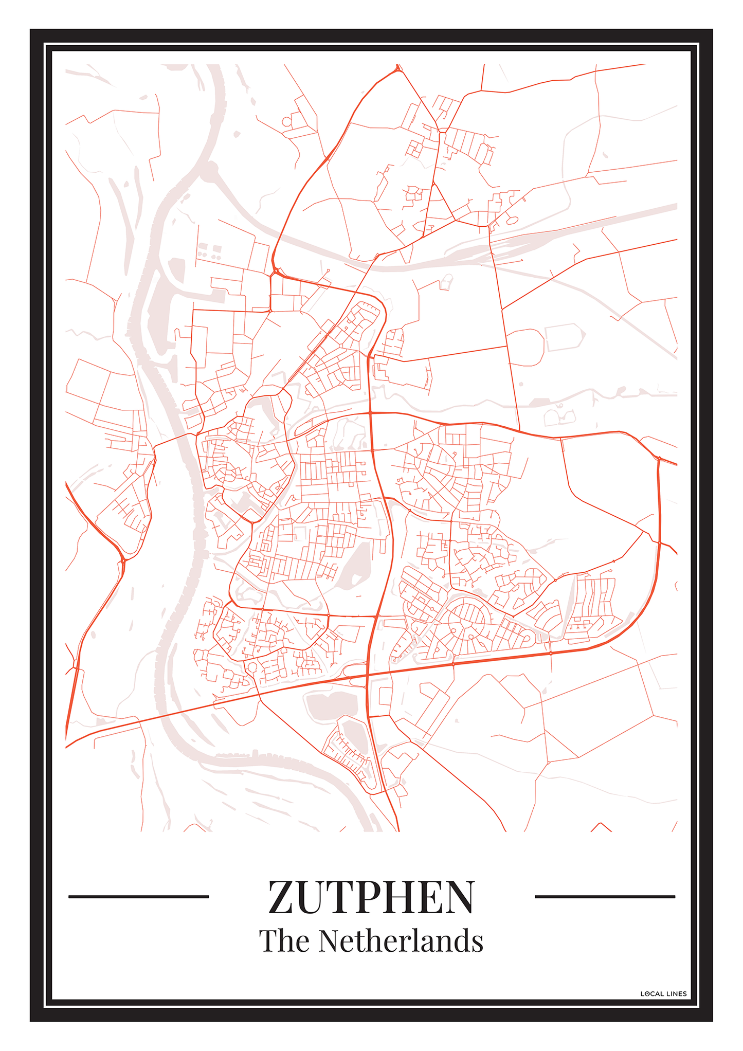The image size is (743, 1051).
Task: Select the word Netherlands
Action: click(401, 941)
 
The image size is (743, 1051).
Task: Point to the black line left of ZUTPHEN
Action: click(138, 897)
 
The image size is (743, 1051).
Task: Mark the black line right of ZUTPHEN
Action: click(605, 897)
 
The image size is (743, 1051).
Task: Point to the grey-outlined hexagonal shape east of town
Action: click(565, 337)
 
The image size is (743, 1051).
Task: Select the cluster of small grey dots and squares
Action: click(209, 251)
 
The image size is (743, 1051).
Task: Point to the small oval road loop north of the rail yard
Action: click(512, 220)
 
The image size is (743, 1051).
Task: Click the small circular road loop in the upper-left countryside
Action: click(286, 122)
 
